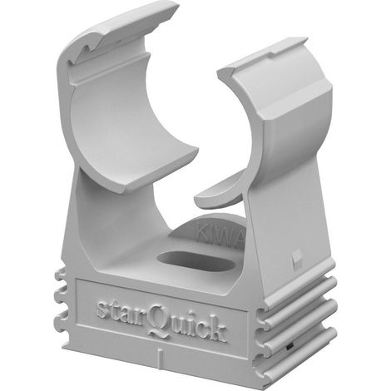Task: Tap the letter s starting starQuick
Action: pos(102,309)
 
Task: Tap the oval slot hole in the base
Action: pos(195,261)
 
